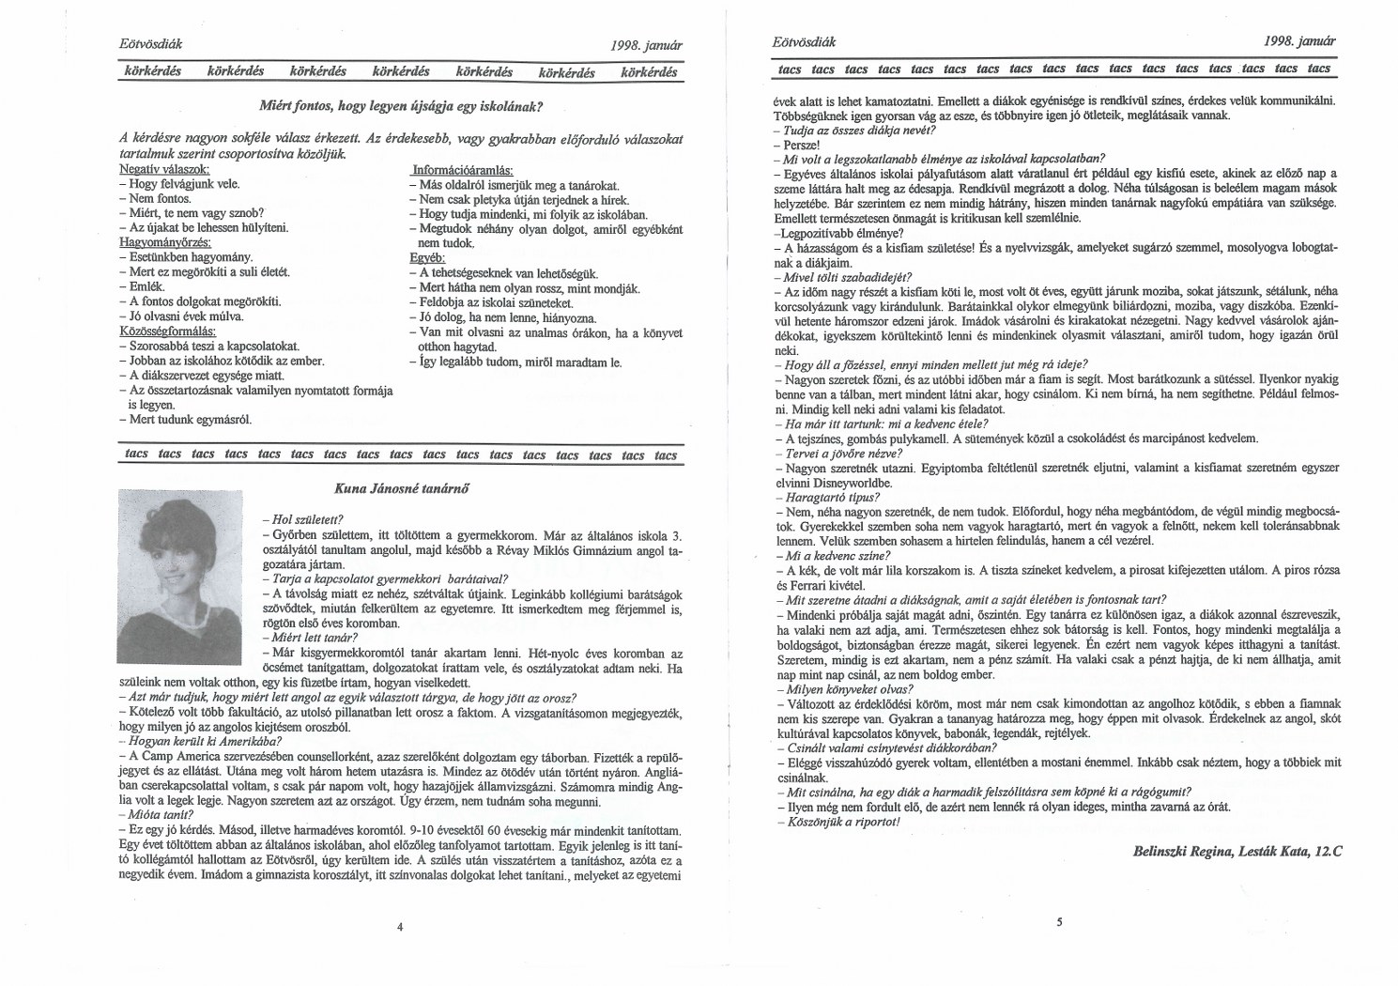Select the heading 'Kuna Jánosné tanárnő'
[402, 487]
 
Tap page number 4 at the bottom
[400, 927]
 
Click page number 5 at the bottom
[1058, 921]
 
